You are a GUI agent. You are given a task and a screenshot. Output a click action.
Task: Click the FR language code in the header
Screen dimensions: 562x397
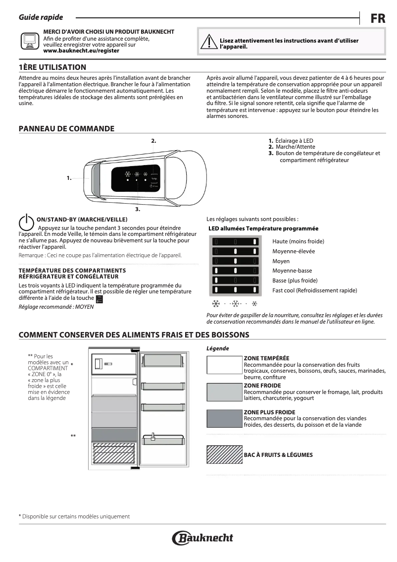[x=378, y=19]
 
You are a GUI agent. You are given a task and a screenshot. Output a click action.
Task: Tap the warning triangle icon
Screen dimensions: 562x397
[x=209, y=43]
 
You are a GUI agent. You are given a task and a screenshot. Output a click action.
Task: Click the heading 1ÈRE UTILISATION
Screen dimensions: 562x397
[x=52, y=67]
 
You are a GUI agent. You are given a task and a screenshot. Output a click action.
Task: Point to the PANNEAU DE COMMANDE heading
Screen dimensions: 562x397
[x=66, y=129]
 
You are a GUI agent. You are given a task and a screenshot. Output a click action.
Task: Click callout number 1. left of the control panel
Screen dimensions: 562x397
[x=69, y=177]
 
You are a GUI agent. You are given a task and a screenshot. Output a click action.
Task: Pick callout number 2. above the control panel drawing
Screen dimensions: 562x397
[x=153, y=141]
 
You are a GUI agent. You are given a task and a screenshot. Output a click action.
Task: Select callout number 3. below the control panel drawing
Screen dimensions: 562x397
[x=138, y=210]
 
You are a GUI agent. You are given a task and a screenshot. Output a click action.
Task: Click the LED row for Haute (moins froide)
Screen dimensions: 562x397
[x=236, y=241]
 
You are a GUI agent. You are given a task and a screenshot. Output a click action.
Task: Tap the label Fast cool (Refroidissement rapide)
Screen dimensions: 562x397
[x=314, y=290]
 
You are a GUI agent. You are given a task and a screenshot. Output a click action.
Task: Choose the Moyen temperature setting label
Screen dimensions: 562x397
[x=281, y=261]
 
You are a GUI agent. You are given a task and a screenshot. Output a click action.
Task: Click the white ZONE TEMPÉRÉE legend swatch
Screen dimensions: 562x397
[x=224, y=365]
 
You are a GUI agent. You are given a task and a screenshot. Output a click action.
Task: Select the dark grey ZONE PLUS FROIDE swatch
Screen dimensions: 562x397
[x=224, y=419]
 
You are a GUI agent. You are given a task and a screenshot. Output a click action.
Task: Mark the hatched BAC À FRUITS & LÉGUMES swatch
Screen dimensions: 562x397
[x=224, y=454]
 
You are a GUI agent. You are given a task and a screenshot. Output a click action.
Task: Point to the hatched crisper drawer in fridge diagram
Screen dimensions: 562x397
[x=114, y=453]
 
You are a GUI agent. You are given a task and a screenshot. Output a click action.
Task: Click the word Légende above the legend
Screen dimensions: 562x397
[x=217, y=348]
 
